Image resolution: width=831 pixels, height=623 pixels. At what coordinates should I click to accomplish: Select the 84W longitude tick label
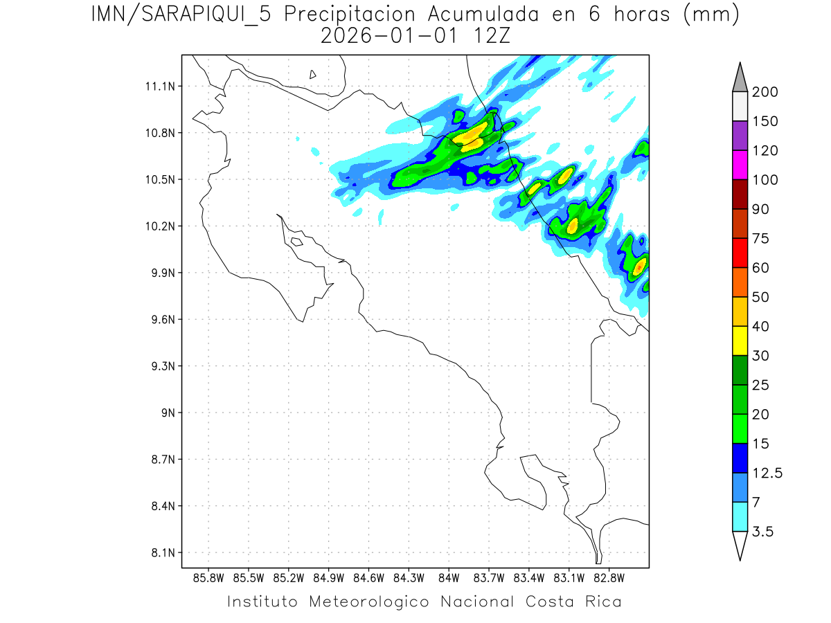[449, 577]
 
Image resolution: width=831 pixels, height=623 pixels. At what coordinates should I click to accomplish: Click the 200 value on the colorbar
[765, 92]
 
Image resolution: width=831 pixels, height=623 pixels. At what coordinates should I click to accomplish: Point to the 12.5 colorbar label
[767, 473]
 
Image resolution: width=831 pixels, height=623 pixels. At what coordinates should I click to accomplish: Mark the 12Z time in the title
[491, 36]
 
